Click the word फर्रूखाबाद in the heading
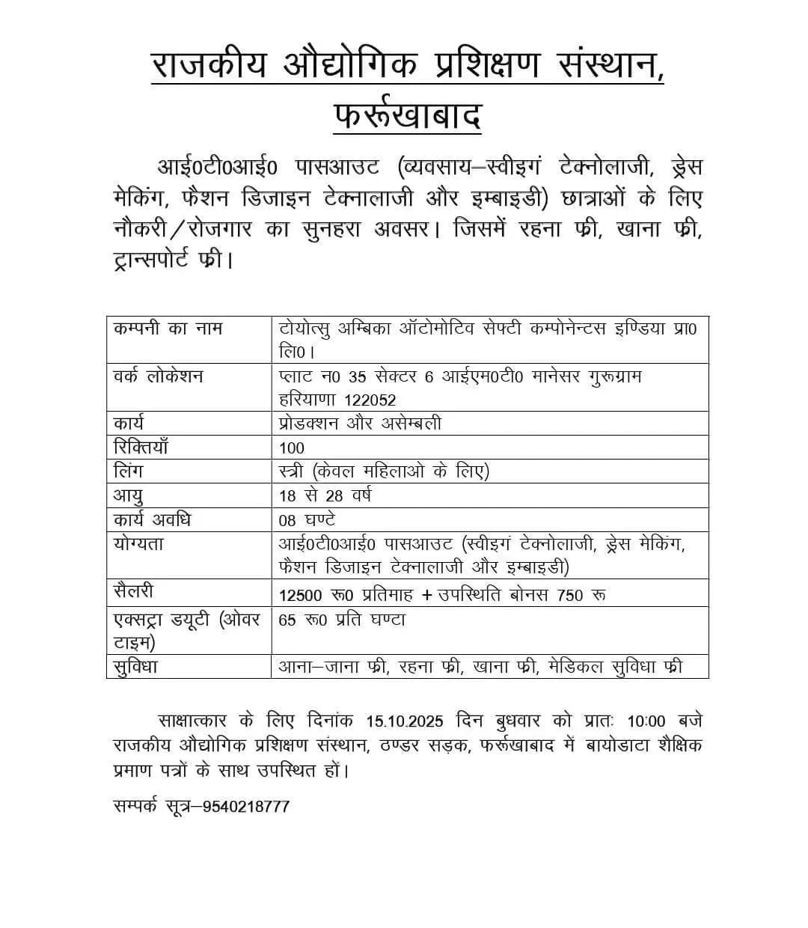(x=407, y=116)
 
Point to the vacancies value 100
(x=291, y=448)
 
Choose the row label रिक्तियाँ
(x=141, y=447)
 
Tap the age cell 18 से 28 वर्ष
(x=325, y=495)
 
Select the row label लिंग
(x=128, y=471)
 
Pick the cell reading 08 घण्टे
(x=307, y=519)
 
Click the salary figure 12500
(x=300, y=595)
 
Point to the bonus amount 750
(x=570, y=595)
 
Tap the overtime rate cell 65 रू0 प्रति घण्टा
(x=342, y=620)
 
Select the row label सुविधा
(x=135, y=666)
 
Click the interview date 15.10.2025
(x=405, y=721)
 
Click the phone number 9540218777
(x=240, y=806)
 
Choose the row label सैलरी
(x=134, y=591)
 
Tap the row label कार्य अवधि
(x=152, y=519)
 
